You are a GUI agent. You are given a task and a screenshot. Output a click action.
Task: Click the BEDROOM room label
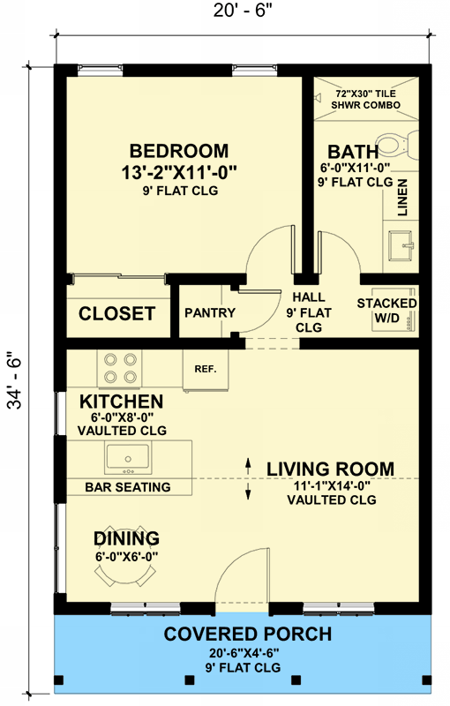179,151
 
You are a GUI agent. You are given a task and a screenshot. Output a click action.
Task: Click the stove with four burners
120,368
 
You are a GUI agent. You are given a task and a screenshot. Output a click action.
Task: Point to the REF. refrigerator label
206,368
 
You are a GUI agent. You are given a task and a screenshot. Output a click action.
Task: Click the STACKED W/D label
386,311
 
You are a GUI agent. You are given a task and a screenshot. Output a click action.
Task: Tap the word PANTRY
210,313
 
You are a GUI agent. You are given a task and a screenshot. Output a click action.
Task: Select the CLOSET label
117,313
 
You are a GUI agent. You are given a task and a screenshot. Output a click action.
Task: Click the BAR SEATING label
127,487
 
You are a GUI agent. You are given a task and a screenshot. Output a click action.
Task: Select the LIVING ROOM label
331,469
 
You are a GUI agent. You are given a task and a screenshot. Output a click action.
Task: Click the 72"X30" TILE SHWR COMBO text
366,99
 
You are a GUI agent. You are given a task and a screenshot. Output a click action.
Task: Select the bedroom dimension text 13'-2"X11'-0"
179,171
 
